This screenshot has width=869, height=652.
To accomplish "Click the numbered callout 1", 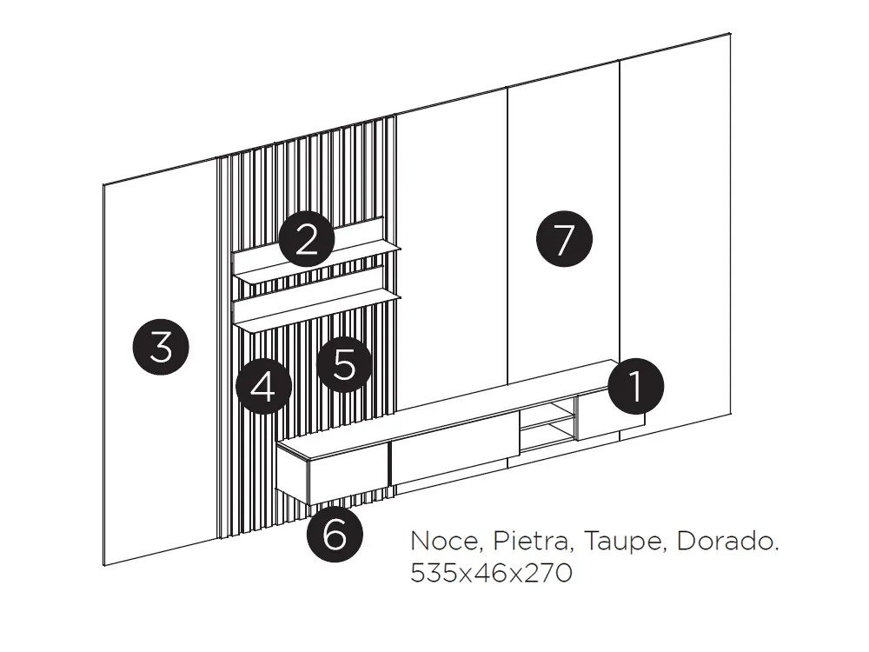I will (636, 386).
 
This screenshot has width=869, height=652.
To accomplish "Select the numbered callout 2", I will (307, 239).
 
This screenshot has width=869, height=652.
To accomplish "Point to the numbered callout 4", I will (264, 386).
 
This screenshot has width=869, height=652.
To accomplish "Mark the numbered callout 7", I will (564, 239).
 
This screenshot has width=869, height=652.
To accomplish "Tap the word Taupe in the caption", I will (624, 542).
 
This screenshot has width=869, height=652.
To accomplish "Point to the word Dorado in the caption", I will (726, 542).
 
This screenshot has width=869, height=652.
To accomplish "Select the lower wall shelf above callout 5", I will (317, 311).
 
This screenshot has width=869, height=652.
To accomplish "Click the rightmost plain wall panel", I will (673, 217).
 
